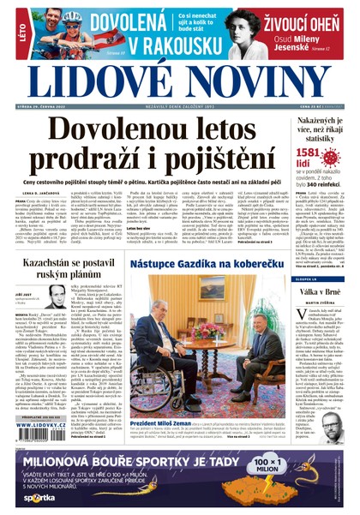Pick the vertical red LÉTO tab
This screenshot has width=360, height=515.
coord(8,34)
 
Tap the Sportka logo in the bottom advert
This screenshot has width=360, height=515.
coord(39,497)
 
